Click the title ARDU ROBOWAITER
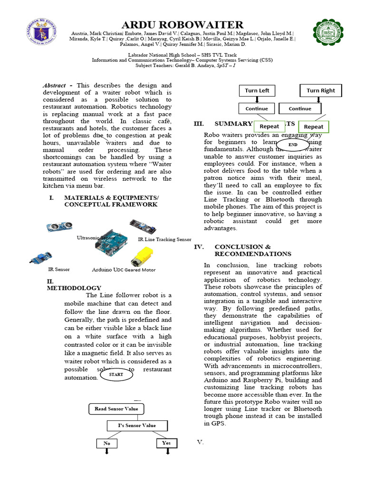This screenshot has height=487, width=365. (183, 24)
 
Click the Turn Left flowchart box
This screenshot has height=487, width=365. (257, 90)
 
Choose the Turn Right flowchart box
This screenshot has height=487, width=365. (320, 90)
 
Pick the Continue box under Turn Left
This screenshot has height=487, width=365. (257, 108)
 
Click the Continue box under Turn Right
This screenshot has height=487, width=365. (300, 108)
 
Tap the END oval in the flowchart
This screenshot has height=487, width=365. (293, 144)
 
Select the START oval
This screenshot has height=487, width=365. (116, 374)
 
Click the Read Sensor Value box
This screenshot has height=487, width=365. (116, 409)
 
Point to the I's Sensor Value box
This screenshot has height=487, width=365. (137, 425)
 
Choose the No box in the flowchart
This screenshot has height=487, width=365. (107, 443)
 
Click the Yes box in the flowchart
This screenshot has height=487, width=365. (166, 443)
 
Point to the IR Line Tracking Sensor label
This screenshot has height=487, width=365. (164, 240)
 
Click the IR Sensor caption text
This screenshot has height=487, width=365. (59, 269)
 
